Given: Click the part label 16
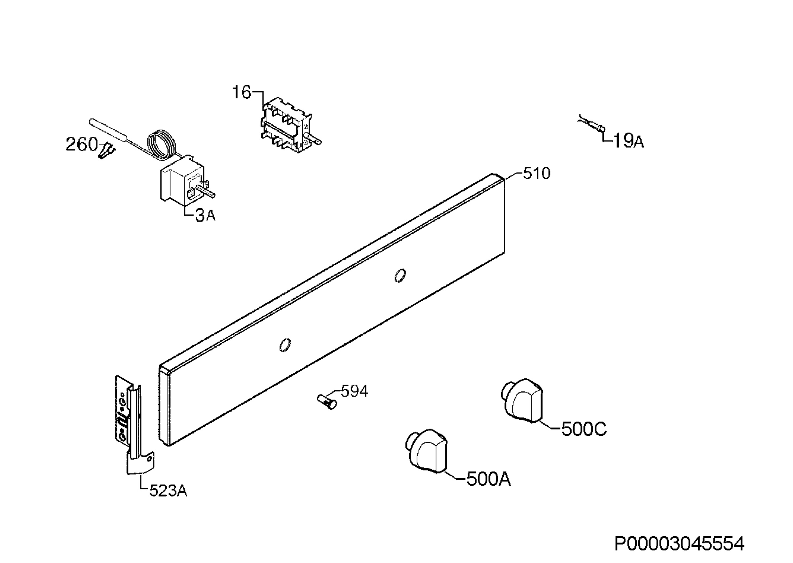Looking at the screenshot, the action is [241, 93].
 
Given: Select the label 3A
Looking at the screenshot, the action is [205, 216].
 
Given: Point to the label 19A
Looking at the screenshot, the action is [629, 141].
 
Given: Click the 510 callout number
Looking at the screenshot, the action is [537, 173].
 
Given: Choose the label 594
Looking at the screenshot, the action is [354, 392].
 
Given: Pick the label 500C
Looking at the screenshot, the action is [584, 429].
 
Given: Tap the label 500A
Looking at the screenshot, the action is [489, 479].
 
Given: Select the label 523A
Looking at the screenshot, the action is [169, 491].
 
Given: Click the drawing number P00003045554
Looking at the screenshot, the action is [679, 544].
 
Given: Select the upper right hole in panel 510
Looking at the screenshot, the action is [400, 276].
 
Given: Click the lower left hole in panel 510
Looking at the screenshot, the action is [285, 345].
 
